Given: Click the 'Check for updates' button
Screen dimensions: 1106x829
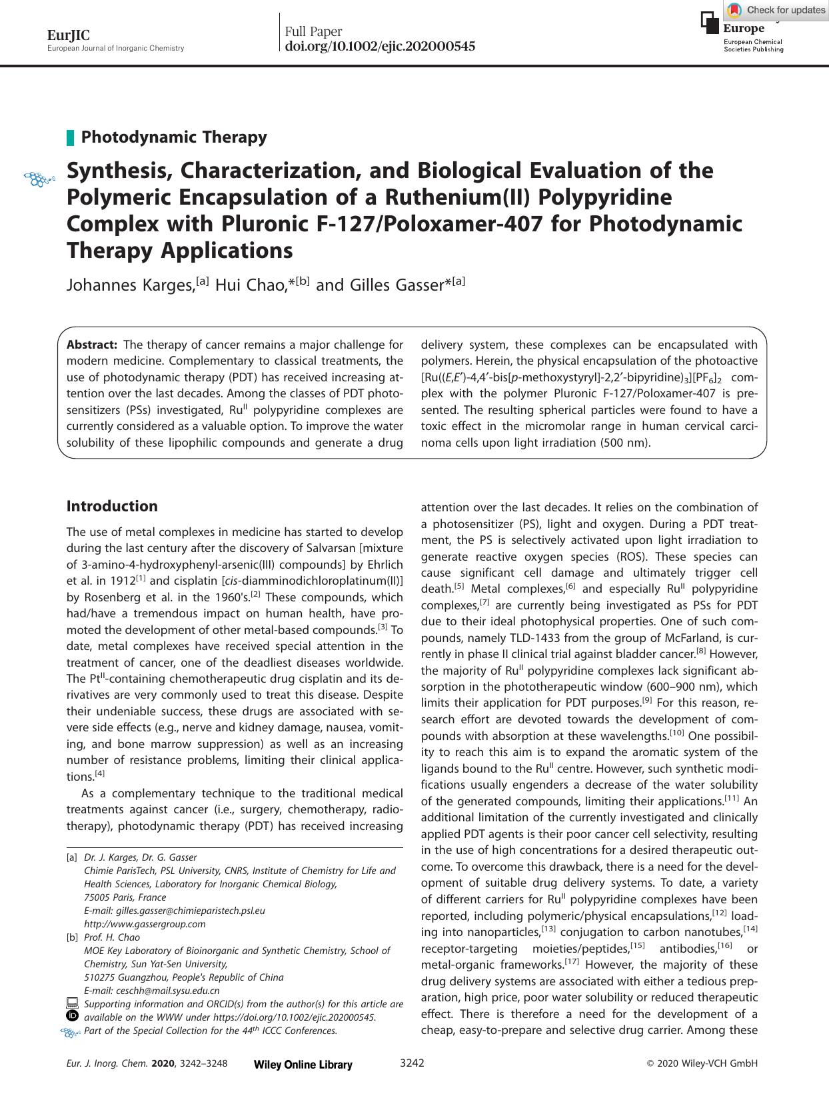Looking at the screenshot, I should pyautogui.click(x=776, y=10).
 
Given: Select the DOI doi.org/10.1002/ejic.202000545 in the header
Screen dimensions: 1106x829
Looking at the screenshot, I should pyautogui.click(x=380, y=47).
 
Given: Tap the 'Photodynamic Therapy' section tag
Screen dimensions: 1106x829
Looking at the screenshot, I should pyautogui.click(x=174, y=137).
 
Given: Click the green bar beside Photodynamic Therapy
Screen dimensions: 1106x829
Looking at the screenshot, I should pyautogui.click(x=70, y=138).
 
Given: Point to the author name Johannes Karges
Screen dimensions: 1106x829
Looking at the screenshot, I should pyautogui.click(x=130, y=285).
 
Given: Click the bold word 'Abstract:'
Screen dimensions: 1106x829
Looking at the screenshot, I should pyautogui.click(x=92, y=345).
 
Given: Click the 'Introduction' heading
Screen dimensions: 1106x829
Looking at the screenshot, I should pyautogui.click(x=112, y=506).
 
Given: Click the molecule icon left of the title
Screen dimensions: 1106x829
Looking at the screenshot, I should pyautogui.click(x=39, y=179).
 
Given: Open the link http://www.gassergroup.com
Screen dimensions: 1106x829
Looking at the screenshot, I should pyautogui.click(x=145, y=924).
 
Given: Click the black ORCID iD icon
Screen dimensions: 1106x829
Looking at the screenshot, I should pyautogui.click(x=73, y=1016).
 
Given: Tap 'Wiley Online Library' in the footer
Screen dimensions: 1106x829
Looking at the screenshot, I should pyautogui.click(x=303, y=1065).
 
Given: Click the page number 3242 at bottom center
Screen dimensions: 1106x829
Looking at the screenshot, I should pyautogui.click(x=412, y=1063).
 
